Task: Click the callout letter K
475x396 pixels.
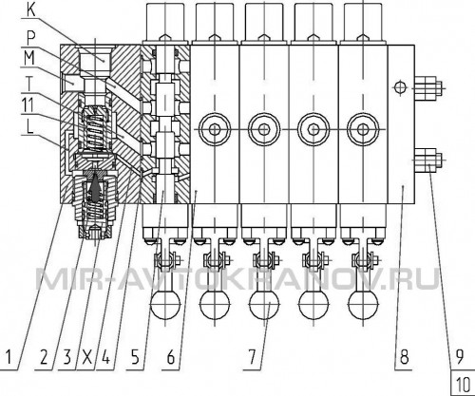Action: click(x=31, y=10)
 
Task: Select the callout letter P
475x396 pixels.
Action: click(x=31, y=39)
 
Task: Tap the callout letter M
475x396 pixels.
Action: click(x=29, y=58)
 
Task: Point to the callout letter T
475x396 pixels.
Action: click(x=29, y=84)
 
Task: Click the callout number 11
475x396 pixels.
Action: click(x=28, y=105)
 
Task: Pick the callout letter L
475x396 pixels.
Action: click(x=30, y=127)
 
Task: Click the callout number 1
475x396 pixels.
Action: click(x=9, y=357)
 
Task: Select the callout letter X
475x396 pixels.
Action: click(x=86, y=357)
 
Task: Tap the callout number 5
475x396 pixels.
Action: click(x=135, y=357)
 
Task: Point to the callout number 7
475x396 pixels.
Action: click(x=252, y=357)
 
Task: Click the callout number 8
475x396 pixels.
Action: click(x=405, y=357)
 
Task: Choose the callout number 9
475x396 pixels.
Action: click(x=460, y=357)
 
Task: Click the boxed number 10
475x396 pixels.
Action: click(x=463, y=385)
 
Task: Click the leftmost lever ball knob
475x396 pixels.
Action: click(x=165, y=305)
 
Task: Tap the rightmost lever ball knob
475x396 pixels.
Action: click(x=363, y=305)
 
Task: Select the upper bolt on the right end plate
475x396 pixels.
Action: click(x=427, y=87)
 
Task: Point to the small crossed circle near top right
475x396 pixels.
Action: click(x=400, y=87)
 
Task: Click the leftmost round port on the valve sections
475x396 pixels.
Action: click(x=215, y=129)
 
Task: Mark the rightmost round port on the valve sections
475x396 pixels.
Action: click(x=363, y=129)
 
